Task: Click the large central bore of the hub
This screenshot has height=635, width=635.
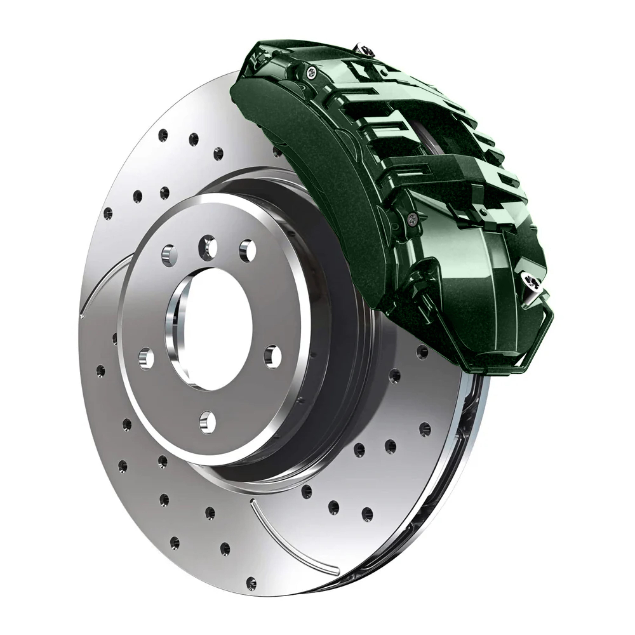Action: [210, 329]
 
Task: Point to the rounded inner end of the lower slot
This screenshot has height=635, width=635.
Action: [252, 510]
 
